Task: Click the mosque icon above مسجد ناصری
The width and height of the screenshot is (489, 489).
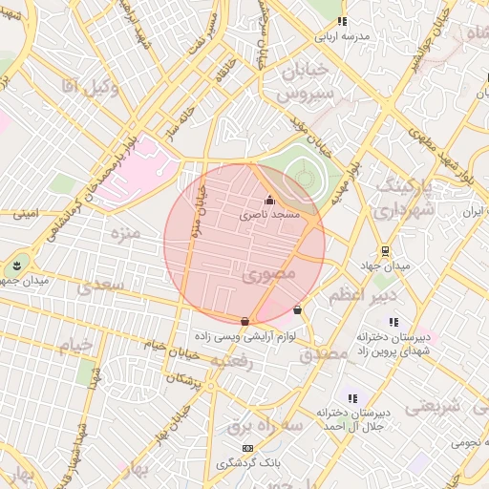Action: click(x=269, y=201)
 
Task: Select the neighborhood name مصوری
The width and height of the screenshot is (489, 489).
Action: click(x=269, y=274)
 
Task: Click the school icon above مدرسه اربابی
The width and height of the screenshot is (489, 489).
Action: click(x=342, y=22)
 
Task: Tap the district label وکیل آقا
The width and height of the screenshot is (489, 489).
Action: click(x=89, y=89)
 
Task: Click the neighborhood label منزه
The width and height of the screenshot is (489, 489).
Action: click(x=125, y=232)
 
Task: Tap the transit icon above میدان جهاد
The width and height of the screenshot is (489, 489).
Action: click(x=385, y=251)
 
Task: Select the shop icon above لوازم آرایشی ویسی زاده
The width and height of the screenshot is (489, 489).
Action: click(x=245, y=321)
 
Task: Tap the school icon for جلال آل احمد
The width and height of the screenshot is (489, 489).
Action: click(x=352, y=397)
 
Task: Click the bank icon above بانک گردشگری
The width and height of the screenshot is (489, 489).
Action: click(x=248, y=448)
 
